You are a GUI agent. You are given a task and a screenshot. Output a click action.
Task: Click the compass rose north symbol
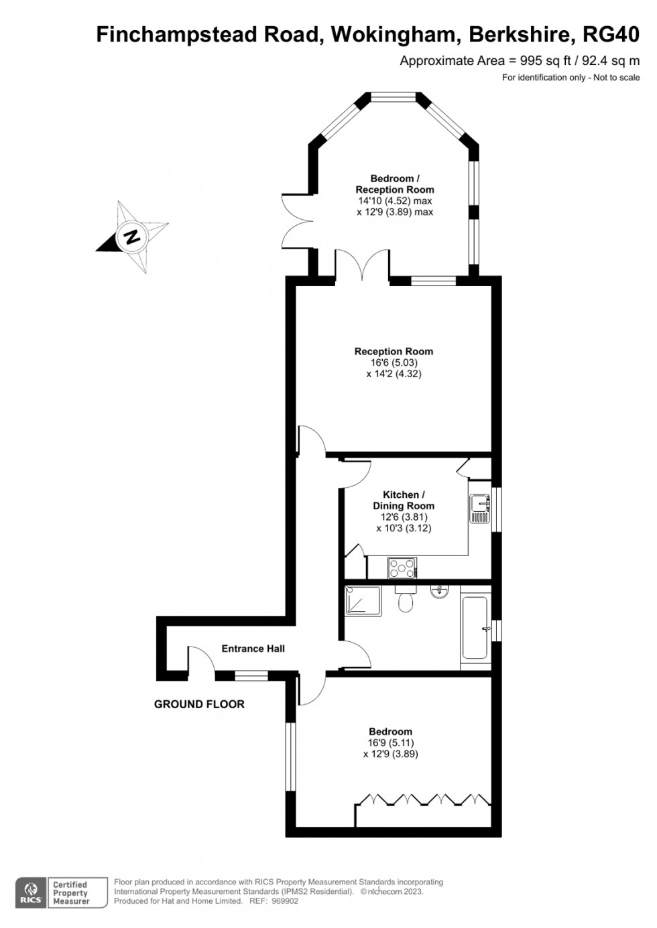click(x=132, y=237)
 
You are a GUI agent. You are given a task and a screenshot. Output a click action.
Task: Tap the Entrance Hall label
click(x=253, y=649)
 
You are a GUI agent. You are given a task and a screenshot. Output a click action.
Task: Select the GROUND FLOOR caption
click(x=199, y=704)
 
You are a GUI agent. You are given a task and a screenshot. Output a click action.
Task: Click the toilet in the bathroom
click(x=405, y=600)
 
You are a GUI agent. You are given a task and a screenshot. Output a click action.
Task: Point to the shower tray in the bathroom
click(x=363, y=601)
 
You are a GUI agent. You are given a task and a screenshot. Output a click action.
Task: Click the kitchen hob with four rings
click(x=402, y=568)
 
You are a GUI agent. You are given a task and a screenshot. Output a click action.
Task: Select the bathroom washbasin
click(x=440, y=591)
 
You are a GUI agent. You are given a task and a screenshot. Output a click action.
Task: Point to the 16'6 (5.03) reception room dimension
click(x=394, y=362)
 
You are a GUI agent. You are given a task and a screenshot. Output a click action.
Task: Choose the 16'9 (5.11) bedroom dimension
click(x=390, y=743)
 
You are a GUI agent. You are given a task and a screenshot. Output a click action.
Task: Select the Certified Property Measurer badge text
click(x=70, y=893)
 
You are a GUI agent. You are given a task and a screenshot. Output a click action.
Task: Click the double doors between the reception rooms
click(x=362, y=263)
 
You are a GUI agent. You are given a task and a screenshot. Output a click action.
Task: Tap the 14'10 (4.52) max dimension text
click(x=394, y=201)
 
